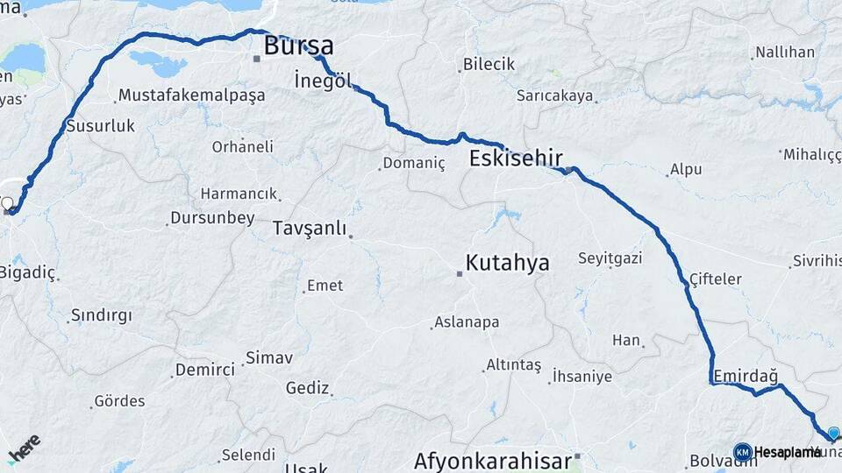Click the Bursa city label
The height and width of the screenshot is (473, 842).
tap(298, 46)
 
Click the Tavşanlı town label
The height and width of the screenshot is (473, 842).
tap(309, 228)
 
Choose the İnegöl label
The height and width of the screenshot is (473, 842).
tap(324, 81)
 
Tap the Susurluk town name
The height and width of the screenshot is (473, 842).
tap(102, 126)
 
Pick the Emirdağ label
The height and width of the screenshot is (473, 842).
tap(746, 376)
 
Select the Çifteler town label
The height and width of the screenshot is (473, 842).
tap(716, 279)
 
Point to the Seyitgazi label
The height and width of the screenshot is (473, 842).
tap(610, 258)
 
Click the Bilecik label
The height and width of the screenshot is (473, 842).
tap(489, 65)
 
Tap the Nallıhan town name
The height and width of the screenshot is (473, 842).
tap(785, 53)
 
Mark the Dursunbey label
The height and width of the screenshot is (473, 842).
tap(212, 217)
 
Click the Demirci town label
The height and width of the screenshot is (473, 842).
tap(205, 370)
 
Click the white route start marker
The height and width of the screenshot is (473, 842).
tap(8, 204)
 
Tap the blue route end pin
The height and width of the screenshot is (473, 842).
tap(833, 433)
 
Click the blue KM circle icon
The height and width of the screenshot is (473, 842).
tap(742, 452)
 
